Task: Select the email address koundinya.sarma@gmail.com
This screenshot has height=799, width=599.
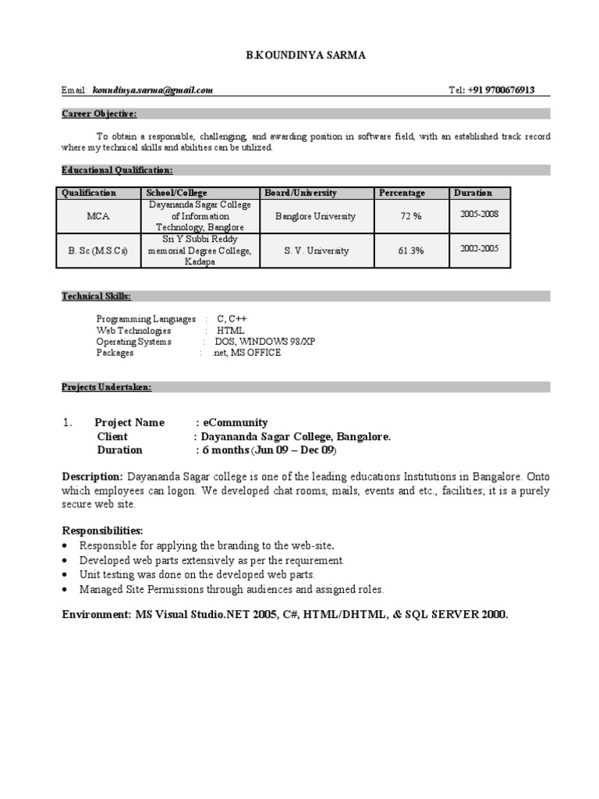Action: (153, 91)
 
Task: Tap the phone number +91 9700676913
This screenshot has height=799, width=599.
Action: (502, 91)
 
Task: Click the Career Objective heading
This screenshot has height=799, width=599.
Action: (99, 114)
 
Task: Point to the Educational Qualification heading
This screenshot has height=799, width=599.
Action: (117, 170)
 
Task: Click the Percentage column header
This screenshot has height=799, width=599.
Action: (402, 193)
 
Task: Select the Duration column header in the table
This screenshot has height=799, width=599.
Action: (473, 193)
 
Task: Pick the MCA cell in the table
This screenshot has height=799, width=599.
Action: (97, 216)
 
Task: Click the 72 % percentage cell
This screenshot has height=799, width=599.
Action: (411, 216)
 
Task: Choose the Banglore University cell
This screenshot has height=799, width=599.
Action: (315, 216)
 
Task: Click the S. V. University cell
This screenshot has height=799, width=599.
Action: (317, 251)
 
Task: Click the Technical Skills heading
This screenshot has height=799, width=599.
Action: (97, 297)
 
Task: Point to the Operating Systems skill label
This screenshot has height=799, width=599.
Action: (133, 342)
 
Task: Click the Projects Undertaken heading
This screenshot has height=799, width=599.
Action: (107, 387)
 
